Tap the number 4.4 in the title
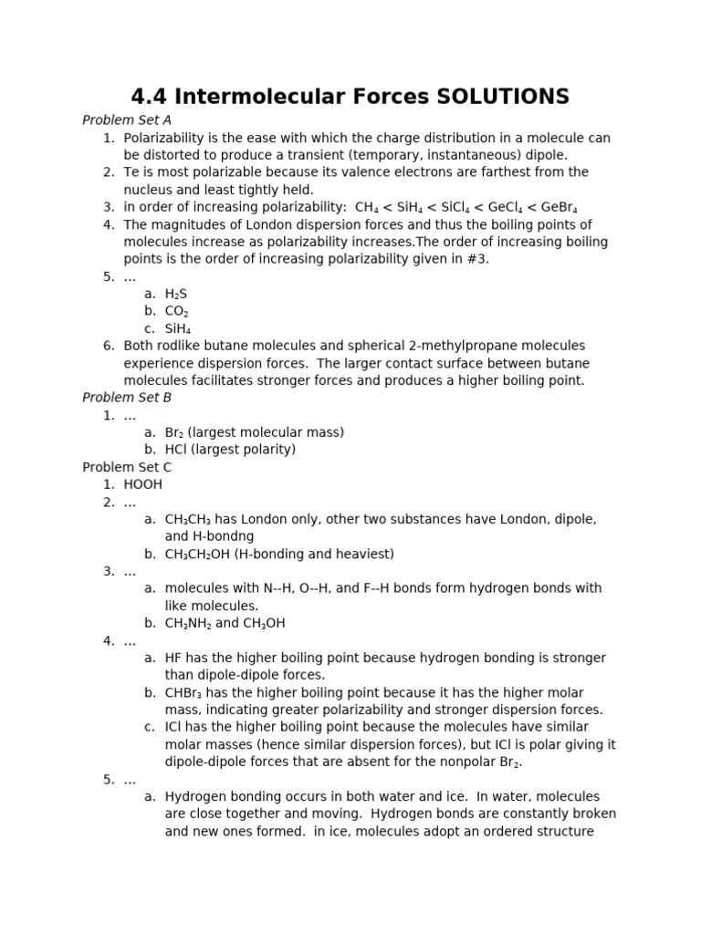pyautogui.click(x=150, y=97)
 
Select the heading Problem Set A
pyautogui.click(x=127, y=120)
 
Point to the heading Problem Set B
pyautogui.click(x=127, y=398)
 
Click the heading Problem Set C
pyautogui.click(x=127, y=467)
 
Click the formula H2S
pyautogui.click(x=176, y=294)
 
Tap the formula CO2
pyautogui.click(x=177, y=311)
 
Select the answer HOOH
pyautogui.click(x=143, y=484)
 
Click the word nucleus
pyautogui.click(x=149, y=190)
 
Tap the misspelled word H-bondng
pyautogui.click(x=224, y=536)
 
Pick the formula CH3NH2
pyautogui.click(x=188, y=623)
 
